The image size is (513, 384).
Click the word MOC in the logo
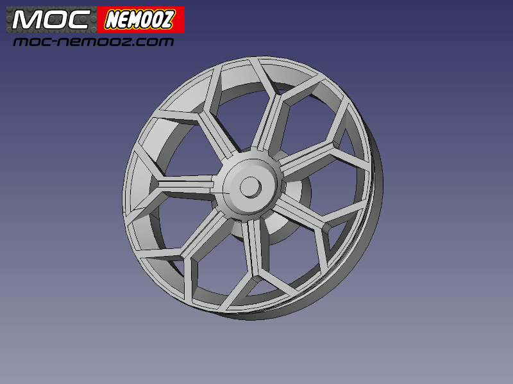tap(51, 20)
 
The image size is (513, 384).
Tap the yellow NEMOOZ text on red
tap(140, 20)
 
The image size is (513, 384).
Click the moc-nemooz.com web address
tap(94, 42)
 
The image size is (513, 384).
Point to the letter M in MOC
tap(25, 20)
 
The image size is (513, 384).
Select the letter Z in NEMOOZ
tap(167, 19)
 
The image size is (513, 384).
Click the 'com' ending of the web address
tap(160, 42)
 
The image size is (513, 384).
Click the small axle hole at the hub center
tap(250, 187)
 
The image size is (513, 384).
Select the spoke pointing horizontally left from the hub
tap(186, 184)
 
